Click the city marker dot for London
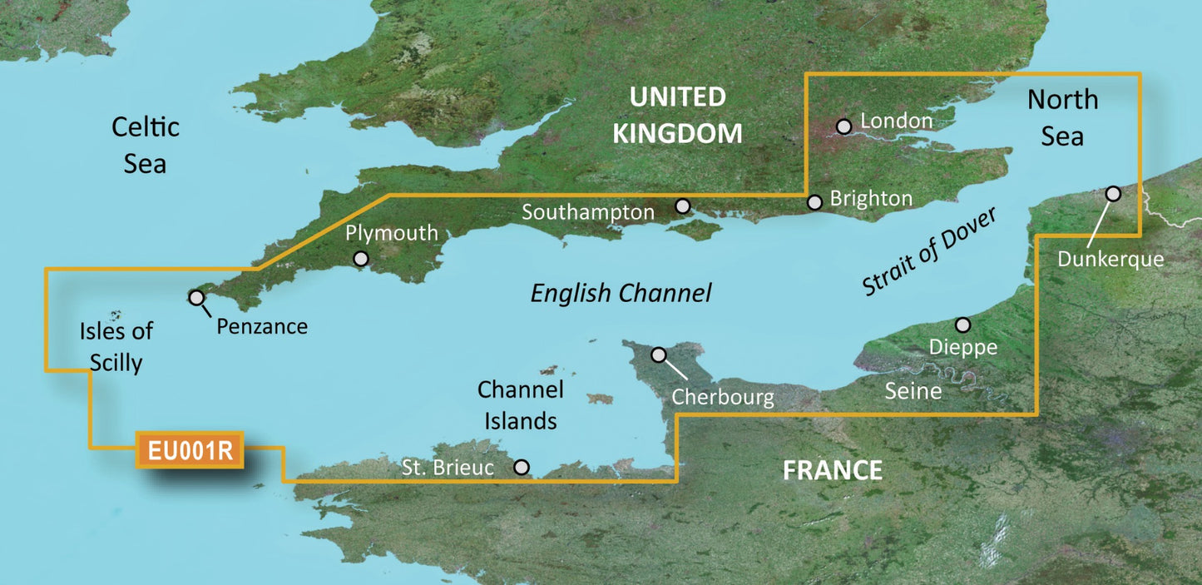pos(844,126)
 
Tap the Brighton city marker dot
pos(814,201)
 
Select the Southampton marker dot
pos(683,205)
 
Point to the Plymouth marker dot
pos(361,259)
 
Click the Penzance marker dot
pos(197,297)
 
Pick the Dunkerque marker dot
pos(1113,193)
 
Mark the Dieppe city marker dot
pos(962,324)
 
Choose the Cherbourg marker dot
pos(659,354)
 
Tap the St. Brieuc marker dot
pos(522,467)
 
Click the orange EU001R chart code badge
pos(190,450)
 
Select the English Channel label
pos(621,293)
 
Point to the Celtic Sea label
pos(146,145)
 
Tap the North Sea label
pos(1062,117)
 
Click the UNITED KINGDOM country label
pos(677,115)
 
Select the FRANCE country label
pos(832,470)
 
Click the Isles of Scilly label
pos(116,346)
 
